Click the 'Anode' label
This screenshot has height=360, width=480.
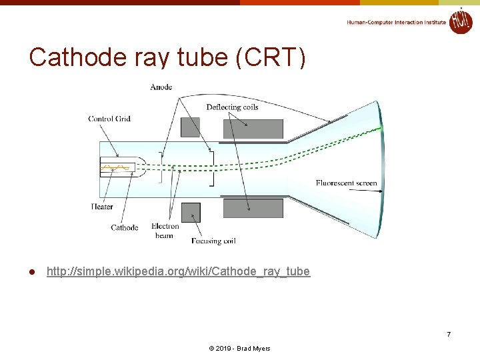click(161, 87)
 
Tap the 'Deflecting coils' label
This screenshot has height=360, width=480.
click(232, 107)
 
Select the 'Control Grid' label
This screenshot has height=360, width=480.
click(109, 119)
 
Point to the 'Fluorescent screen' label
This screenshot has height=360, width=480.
click(346, 183)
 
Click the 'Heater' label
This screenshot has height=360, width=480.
click(102, 207)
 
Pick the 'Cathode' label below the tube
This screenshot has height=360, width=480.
click(125, 227)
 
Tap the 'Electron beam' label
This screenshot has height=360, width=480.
click(165, 231)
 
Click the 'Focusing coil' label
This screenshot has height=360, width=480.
click(213, 241)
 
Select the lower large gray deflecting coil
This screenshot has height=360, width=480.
click(253, 208)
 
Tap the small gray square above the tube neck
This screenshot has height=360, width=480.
click(190, 127)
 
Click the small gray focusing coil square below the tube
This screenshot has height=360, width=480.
click(190, 212)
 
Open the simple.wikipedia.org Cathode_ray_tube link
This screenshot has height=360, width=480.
click(178, 271)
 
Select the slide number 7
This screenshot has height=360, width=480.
click(449, 334)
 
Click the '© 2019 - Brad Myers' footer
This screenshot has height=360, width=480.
click(239, 349)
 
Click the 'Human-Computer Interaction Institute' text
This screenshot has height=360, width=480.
click(396, 22)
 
